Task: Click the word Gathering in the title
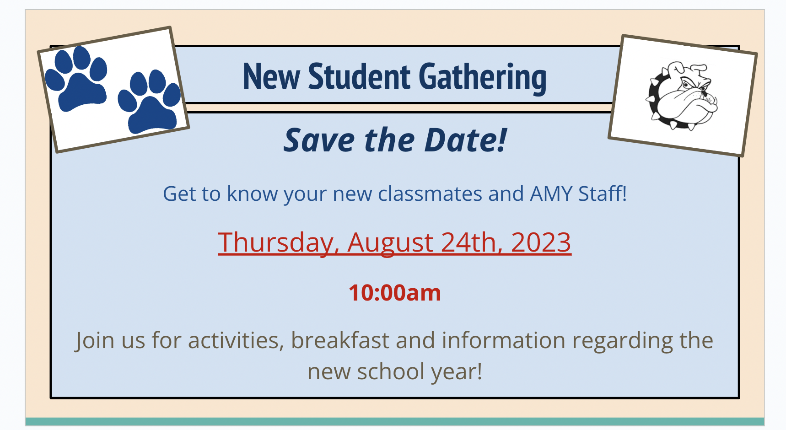click(482, 77)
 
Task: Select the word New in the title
click(271, 76)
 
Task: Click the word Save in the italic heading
click(319, 140)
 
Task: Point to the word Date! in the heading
click(466, 140)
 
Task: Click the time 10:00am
click(395, 293)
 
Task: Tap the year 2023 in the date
click(541, 242)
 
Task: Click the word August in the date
click(390, 242)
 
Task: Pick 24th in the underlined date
click(470, 242)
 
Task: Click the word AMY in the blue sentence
click(551, 193)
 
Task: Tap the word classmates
click(430, 193)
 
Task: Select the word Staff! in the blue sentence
click(603, 193)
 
